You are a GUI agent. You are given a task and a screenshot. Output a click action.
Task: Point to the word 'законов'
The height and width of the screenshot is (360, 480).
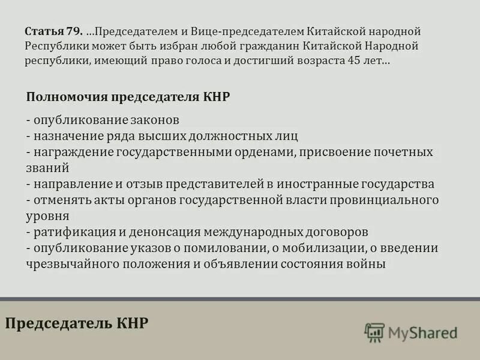pyautogui.click(x=158, y=120)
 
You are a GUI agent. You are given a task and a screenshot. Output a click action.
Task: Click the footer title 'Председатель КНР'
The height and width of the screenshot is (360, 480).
pyautogui.click(x=77, y=323)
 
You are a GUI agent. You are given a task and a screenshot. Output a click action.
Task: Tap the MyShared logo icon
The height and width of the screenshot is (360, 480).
pyautogui.click(x=374, y=332)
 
